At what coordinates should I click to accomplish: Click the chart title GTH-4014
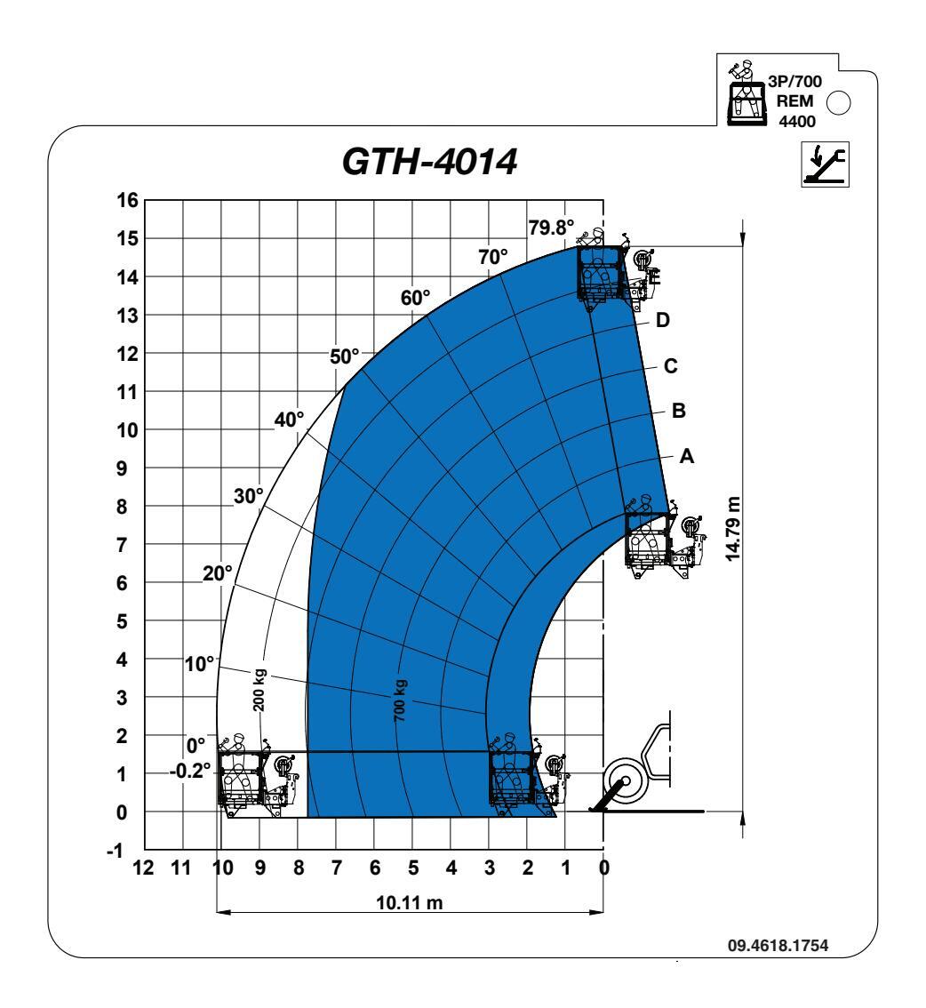pos(429,162)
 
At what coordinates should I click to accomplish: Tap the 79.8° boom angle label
pos(551,228)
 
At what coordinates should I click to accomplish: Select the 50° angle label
pos(345,356)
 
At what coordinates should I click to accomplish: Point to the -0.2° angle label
pos(190,770)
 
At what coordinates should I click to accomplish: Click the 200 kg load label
pos(259,691)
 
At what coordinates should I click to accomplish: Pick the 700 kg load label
pos(399,700)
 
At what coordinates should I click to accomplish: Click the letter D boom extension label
pos(663,319)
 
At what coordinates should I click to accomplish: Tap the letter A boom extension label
pos(686,456)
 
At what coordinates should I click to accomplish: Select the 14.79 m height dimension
pos(732,528)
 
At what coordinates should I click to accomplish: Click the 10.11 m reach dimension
pos(410,902)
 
